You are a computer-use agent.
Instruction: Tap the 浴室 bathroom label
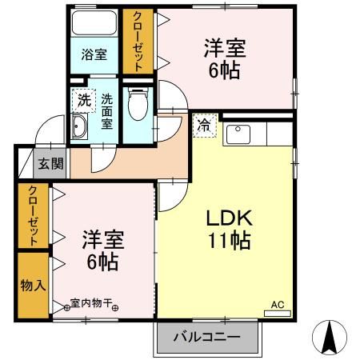coord(94,55)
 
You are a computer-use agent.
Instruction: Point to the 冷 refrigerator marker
coord(204,125)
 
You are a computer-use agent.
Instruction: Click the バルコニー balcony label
coord(207,338)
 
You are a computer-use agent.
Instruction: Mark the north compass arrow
coord(328,336)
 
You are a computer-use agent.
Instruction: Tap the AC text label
coord(277,304)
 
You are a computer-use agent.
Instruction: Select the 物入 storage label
coord(33,285)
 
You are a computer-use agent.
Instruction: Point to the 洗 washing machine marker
coord(83,101)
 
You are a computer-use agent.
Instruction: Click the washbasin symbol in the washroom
coord(80,127)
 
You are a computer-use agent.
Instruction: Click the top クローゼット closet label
coord(138,42)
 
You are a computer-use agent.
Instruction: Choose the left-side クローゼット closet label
coord(33,215)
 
